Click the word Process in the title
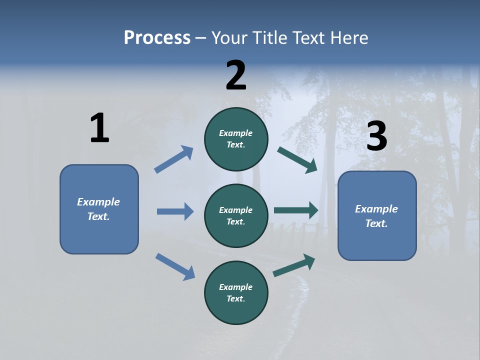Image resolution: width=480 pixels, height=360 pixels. click(157, 38)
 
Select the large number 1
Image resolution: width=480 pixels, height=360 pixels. click(99, 128)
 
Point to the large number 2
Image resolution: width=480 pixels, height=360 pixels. click(236, 75)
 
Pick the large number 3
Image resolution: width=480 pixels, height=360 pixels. click(376, 136)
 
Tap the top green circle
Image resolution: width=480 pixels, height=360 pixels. click(236, 139)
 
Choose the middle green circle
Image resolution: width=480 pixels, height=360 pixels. click(236, 215)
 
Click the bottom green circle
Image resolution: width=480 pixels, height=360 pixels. click(236, 292)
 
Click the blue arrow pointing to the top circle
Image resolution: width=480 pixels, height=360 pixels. click(173, 159)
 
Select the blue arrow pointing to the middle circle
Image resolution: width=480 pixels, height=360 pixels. click(175, 211)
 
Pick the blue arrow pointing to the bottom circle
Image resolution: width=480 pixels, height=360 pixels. click(175, 266)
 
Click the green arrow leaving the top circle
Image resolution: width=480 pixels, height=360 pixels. click(297, 159)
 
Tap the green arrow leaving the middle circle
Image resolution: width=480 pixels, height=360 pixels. click(296, 210)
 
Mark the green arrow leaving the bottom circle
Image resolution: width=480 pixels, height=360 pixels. click(294, 265)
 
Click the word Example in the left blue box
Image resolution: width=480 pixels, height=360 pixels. click(98, 202)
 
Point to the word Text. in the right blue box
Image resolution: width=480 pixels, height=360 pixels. click(376, 223)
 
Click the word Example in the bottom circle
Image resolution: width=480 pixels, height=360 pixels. click(236, 287)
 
